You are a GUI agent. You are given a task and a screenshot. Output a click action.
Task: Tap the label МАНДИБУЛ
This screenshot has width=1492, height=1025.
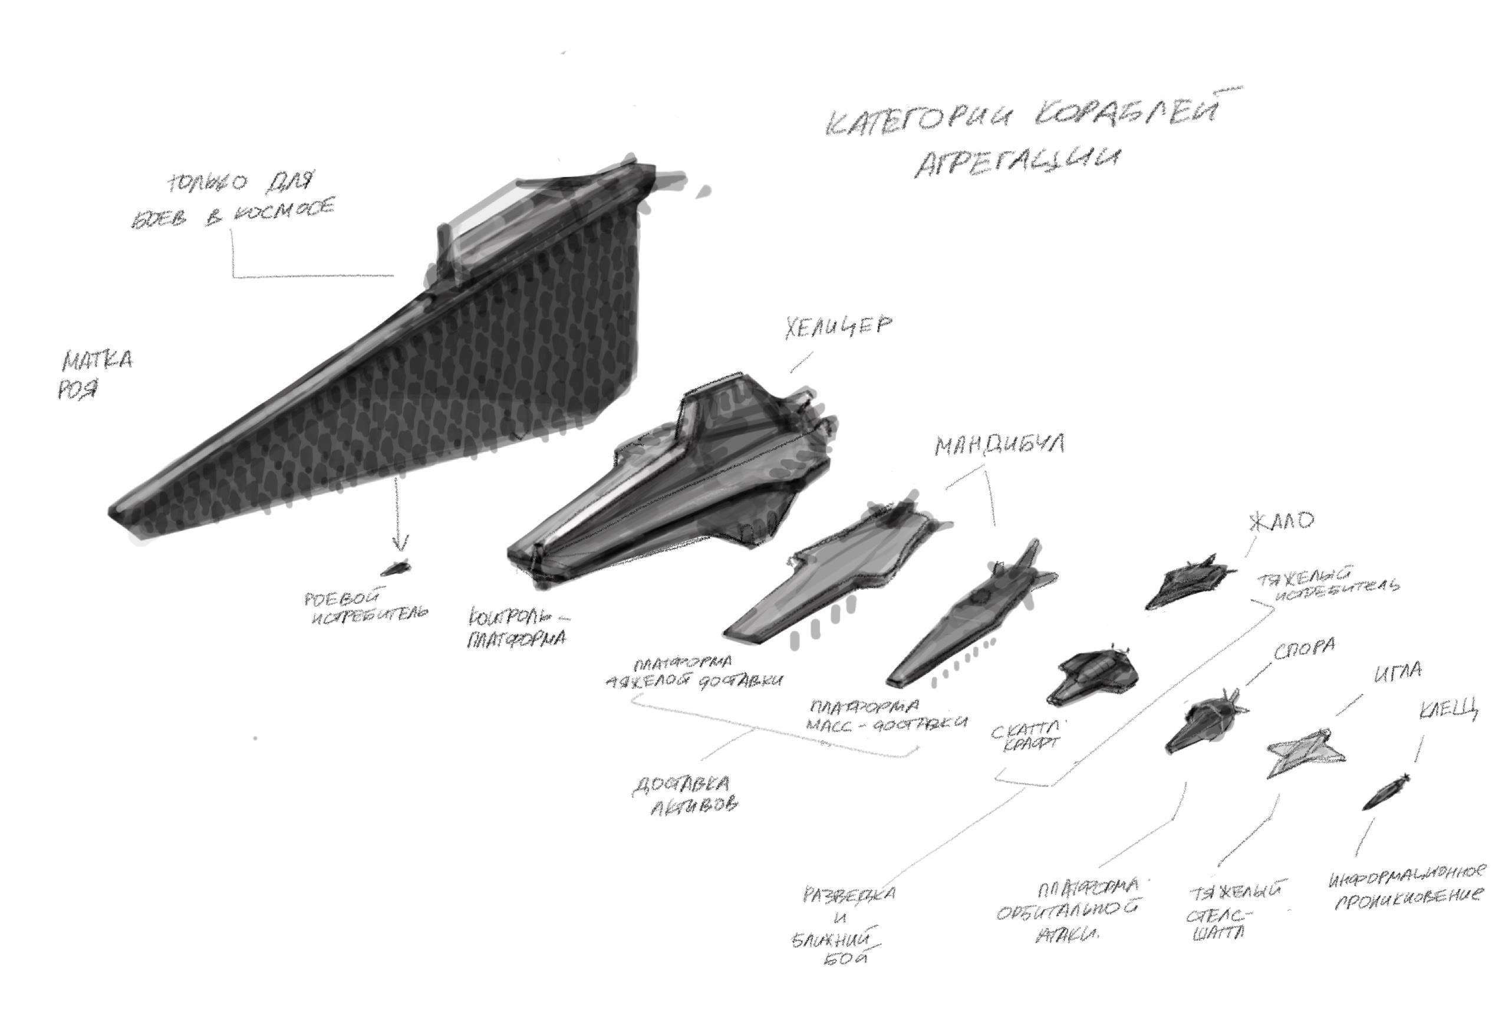pyautogui.click(x=999, y=445)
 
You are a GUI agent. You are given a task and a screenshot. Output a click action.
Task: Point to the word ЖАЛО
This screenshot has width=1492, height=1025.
pyautogui.click(x=1281, y=521)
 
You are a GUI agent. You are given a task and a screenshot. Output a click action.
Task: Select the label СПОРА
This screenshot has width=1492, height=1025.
pyautogui.click(x=1304, y=649)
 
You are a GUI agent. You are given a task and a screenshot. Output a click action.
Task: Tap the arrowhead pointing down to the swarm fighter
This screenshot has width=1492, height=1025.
pyautogui.click(x=401, y=544)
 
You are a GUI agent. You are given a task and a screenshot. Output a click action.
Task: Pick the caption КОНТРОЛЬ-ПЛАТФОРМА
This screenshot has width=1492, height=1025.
pyautogui.click(x=518, y=628)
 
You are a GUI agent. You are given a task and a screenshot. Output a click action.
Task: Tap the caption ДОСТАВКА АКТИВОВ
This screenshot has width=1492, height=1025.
pyautogui.click(x=684, y=795)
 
